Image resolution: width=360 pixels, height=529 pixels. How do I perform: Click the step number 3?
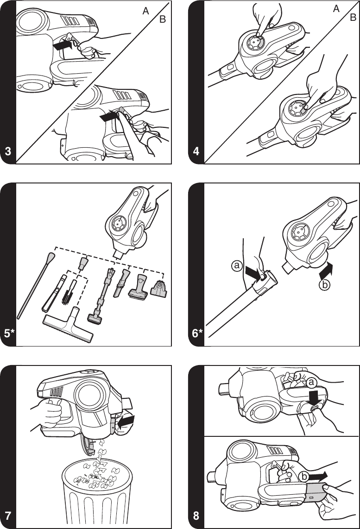8,151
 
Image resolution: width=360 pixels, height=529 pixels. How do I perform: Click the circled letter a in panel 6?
237,265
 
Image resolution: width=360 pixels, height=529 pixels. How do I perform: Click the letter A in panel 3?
145,13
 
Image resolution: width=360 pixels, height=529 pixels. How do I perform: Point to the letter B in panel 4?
353,18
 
